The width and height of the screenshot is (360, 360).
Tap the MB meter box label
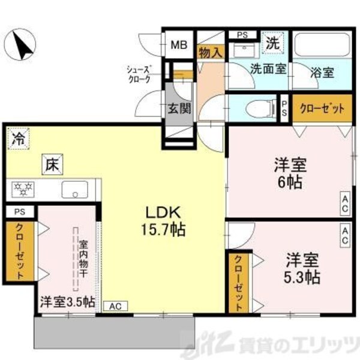point(179,44)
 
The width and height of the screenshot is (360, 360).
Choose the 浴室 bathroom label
point(323,73)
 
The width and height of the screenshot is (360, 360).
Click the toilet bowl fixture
point(254,109)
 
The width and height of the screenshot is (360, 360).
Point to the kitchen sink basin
point(74,191)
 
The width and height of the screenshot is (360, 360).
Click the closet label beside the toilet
point(322,110)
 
